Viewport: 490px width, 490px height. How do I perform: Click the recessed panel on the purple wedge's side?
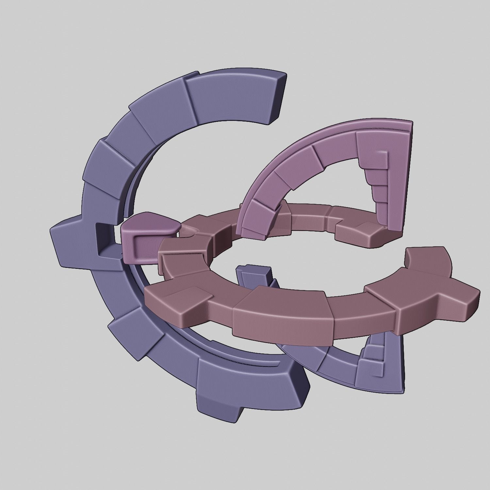tap(144, 243)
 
